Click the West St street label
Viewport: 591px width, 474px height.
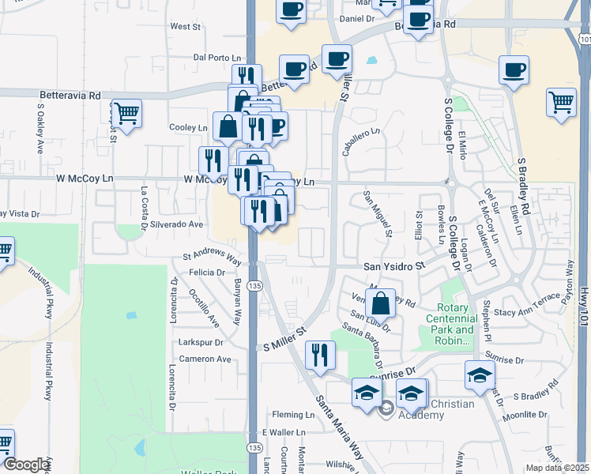tap(185, 27)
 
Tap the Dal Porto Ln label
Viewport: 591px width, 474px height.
tap(216, 58)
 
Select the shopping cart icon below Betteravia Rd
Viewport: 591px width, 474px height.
tap(126, 113)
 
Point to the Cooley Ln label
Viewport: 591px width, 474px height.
tap(188, 127)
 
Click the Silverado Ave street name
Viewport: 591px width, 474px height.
tap(179, 224)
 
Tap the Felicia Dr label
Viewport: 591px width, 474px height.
tap(207, 273)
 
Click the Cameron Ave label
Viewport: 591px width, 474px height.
tap(205, 359)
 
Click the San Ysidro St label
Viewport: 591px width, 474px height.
tap(394, 267)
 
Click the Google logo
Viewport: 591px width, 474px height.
tap(26, 465)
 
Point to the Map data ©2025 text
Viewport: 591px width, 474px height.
tap(557, 468)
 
